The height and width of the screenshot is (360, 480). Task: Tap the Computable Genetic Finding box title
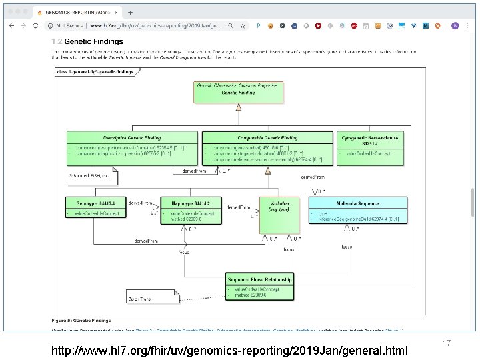[x=267, y=138]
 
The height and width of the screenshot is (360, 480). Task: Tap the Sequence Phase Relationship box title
[x=259, y=279]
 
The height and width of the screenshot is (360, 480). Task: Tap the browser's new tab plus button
[x=130, y=12]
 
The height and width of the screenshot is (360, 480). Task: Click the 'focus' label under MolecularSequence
[x=347, y=246]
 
